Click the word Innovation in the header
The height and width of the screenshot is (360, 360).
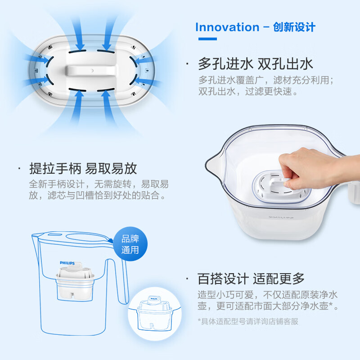[227, 27]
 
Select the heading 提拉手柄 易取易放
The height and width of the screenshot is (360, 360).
[83, 169]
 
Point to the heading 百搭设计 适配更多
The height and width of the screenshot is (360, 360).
[251, 279]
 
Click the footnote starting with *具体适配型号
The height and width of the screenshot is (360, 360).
[248, 321]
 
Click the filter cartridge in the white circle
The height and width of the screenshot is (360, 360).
[154, 313]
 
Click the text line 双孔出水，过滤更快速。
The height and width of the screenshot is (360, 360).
[248, 92]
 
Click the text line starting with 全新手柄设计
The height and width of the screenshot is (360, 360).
[99, 184]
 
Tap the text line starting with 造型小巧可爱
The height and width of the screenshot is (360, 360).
[268, 295]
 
